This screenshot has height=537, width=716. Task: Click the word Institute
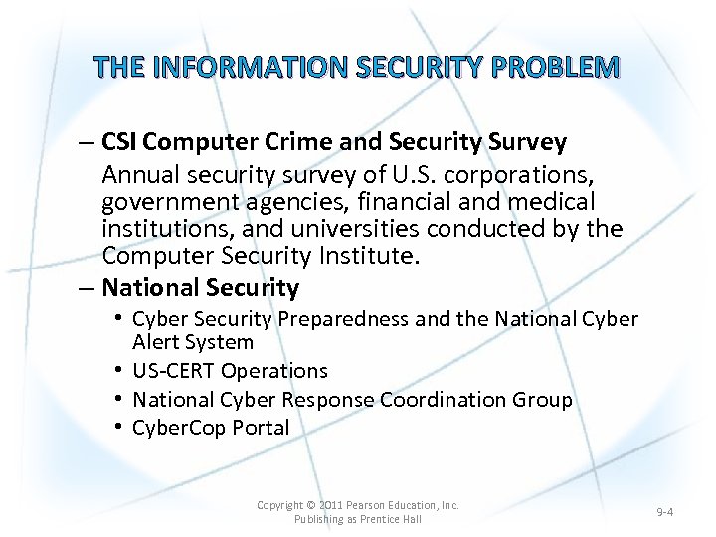point(363,256)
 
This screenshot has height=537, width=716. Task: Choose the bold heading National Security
point(200,288)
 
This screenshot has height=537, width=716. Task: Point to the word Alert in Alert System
point(160,342)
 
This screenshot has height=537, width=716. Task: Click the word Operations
point(274,371)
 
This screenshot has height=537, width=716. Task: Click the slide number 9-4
point(665,512)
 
